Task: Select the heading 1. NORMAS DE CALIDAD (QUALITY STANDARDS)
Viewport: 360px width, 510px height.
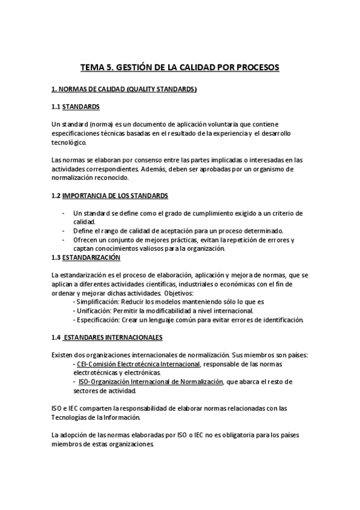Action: [x=124, y=90]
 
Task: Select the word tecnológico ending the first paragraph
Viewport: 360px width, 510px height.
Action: [x=69, y=143]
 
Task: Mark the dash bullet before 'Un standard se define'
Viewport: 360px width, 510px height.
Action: [x=64, y=214]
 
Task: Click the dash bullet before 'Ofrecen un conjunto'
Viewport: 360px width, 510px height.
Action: [x=64, y=241]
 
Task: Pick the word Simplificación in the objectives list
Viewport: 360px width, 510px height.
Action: [x=97, y=302]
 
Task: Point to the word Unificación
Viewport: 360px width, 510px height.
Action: [x=91, y=311]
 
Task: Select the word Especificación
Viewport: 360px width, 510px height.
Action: [x=96, y=320]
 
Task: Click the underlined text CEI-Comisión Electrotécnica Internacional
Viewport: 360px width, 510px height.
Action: [x=138, y=364]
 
